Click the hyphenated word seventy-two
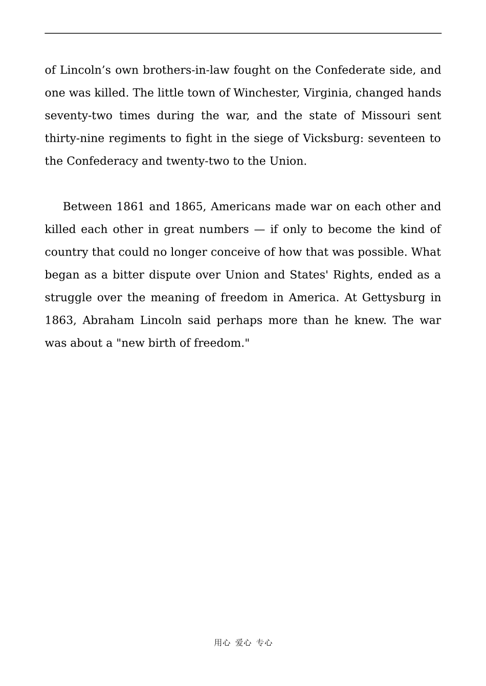pos(78,116)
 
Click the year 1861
pos(130,207)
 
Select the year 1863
pos(60,321)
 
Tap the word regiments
pos(140,139)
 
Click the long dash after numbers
pos(259,230)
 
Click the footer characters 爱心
pos(243,643)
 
